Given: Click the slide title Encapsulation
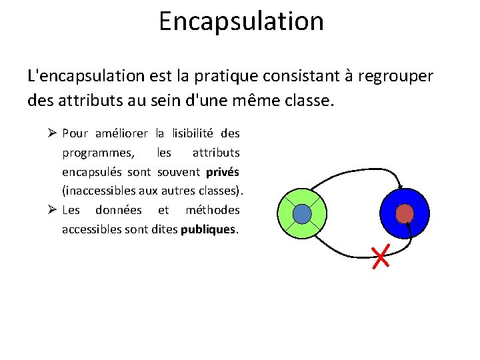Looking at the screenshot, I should pos(241,21).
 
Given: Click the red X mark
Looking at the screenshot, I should pos(381,257).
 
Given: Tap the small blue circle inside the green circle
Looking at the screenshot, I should pos(302,213).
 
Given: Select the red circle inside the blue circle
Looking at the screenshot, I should pos(405,213).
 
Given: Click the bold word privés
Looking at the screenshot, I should pos(223,172).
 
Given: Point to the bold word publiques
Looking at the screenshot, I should pos(214,229).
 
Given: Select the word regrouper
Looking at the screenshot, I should pos(395,76).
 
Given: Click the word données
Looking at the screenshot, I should pos(118,210).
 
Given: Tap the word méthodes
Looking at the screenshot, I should pos(212,210).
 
